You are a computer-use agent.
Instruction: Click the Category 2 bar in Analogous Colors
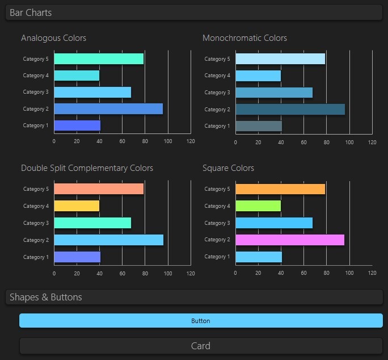108,109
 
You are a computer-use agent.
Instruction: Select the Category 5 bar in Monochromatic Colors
280,59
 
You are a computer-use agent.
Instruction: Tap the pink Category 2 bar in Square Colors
290,240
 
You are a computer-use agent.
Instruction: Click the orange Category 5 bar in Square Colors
280,189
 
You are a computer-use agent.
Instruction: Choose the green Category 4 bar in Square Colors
258,206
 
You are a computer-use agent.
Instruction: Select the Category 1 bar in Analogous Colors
77,125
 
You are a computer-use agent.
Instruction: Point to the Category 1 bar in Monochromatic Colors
259,126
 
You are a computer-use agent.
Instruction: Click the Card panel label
201,346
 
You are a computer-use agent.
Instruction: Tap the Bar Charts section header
31,12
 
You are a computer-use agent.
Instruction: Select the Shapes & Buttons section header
46,297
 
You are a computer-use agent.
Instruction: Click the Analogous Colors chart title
54,38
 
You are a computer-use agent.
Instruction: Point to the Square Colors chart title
229,168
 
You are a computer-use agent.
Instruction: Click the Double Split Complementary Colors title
87,168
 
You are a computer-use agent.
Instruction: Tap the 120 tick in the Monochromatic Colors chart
372,143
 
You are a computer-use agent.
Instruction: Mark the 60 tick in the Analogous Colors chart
122,141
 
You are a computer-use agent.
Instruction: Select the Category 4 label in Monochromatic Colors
217,76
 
